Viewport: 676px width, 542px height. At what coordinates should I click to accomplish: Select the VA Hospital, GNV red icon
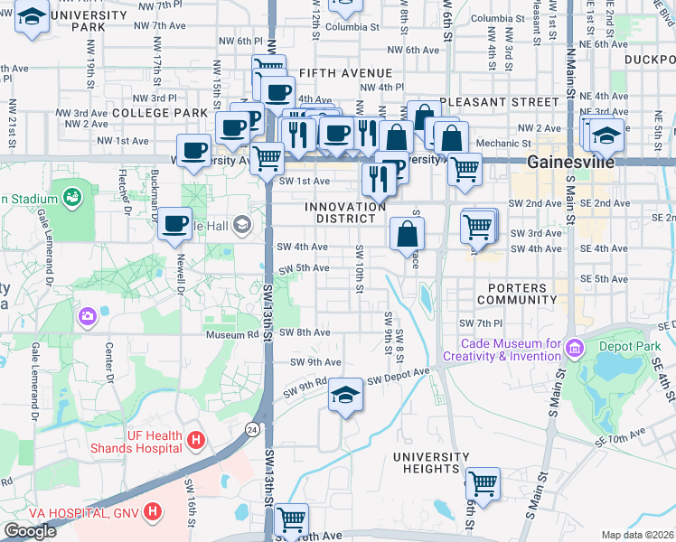[153, 511]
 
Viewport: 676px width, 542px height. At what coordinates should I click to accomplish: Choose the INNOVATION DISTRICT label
[345, 212]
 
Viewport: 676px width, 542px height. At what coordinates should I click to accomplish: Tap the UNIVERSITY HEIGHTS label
[432, 463]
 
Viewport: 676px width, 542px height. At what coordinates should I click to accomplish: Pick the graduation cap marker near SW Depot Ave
[344, 396]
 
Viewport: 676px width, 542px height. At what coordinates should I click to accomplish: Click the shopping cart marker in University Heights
[483, 482]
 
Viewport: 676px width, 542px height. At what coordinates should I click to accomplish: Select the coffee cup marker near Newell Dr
[174, 223]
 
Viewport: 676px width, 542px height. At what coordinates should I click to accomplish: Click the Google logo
[30, 531]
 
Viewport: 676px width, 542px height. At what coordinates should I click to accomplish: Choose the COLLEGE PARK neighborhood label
[161, 113]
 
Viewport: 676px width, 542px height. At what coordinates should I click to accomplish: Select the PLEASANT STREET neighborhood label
[500, 102]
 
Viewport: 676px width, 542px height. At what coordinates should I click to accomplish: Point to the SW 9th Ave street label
[315, 362]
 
